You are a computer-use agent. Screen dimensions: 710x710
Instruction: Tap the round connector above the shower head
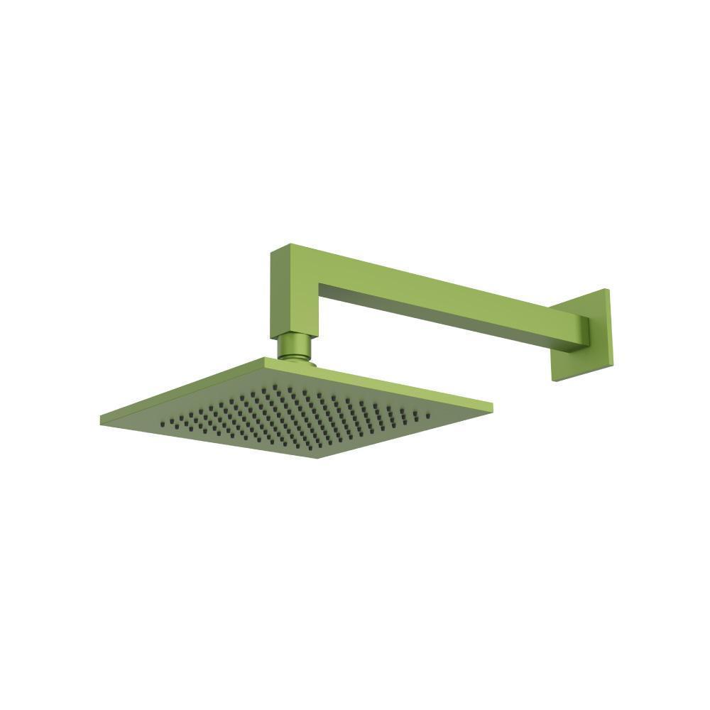point(294,346)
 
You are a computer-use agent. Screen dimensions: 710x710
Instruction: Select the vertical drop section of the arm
point(293,295)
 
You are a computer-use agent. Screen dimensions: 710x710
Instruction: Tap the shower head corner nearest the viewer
point(317,457)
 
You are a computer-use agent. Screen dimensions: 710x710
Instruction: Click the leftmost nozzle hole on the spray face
point(163,423)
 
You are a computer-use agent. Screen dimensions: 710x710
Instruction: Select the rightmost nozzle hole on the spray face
point(427,413)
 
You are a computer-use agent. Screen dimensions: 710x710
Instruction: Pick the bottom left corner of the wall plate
point(553,380)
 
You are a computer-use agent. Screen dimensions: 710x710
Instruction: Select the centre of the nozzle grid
point(295,417)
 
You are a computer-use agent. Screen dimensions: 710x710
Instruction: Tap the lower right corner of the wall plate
point(609,365)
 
